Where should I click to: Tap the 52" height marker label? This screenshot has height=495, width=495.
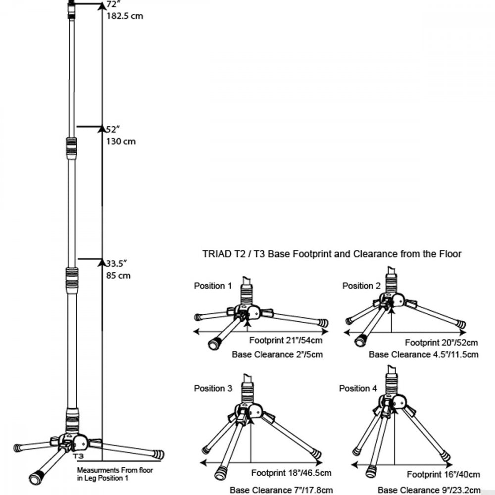(x=113, y=130)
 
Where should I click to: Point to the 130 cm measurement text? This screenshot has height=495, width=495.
(x=121, y=142)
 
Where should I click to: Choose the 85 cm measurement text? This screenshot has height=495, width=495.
(x=118, y=275)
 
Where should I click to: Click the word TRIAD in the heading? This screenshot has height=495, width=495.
(x=216, y=254)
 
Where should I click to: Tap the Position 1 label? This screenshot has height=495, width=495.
(x=212, y=286)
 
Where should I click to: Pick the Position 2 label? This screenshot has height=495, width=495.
(x=361, y=286)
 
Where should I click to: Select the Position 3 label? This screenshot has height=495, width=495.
(x=213, y=389)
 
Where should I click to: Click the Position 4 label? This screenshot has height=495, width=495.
(x=358, y=389)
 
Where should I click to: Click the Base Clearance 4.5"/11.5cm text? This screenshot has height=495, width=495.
(x=423, y=354)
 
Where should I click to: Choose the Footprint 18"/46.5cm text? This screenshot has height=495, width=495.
(x=291, y=473)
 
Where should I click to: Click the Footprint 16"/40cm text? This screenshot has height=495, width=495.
(x=443, y=475)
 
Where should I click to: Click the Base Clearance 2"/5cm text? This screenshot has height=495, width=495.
(x=277, y=354)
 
